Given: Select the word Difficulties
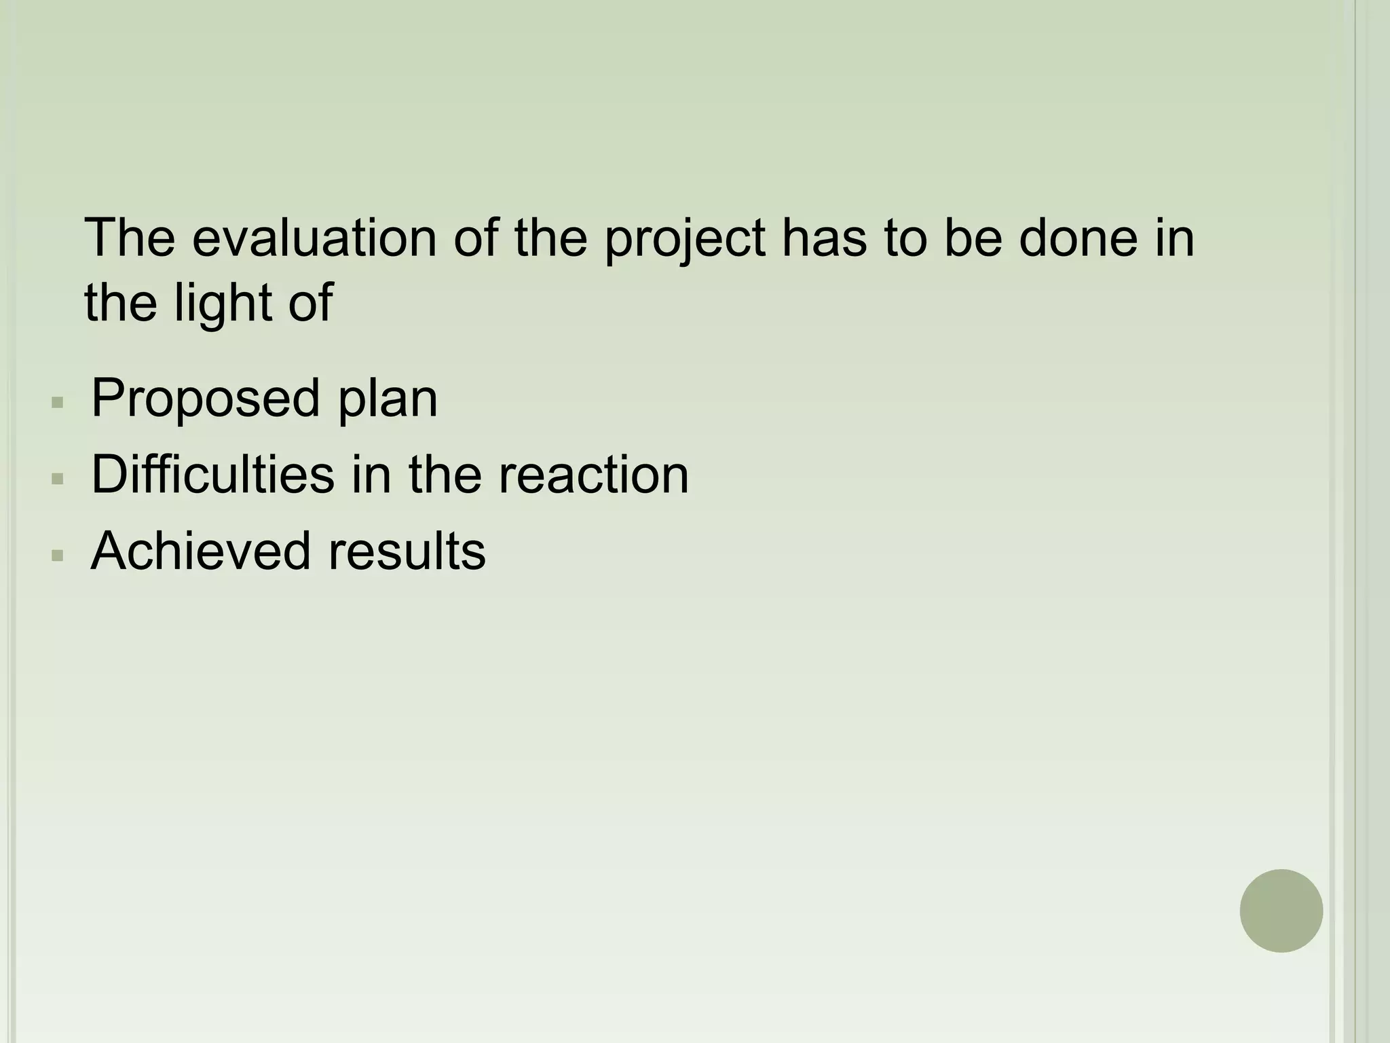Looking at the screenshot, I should [212, 475].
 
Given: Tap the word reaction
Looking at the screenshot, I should [593, 475].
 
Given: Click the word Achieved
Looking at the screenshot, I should [200, 551].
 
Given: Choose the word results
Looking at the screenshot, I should [407, 551].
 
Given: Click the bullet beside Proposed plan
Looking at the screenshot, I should [58, 403].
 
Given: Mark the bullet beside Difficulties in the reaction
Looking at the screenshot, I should [58, 479].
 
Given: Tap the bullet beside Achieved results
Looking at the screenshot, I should [58, 556].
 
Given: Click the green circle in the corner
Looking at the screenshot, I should [1281, 911].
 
